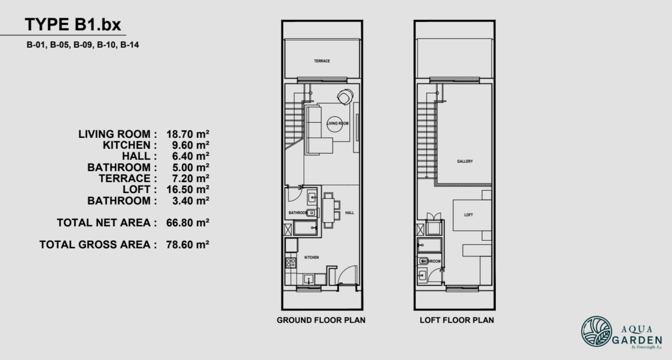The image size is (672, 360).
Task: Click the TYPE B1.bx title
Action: pyautogui.click(x=73, y=25)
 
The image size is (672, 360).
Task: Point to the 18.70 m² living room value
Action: pyautogui.click(x=188, y=134)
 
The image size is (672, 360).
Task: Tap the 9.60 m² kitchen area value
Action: pyautogui.click(x=188, y=145)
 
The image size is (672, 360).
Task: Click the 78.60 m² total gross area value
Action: pyautogui.click(x=188, y=244)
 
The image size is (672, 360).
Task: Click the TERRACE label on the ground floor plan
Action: pyautogui.click(x=321, y=61)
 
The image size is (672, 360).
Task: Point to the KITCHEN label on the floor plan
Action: pyautogui.click(x=311, y=258)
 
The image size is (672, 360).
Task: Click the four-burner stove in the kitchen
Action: pyautogui.click(x=291, y=263)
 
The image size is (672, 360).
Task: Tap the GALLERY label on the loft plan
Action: pyautogui.click(x=465, y=162)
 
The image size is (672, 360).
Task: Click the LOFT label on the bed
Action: pyautogui.click(x=469, y=215)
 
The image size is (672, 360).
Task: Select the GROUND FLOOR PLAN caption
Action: pyautogui.click(x=321, y=319)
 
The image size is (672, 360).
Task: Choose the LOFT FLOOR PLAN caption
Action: pyautogui.click(x=457, y=319)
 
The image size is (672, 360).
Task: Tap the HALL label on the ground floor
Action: pyautogui.click(x=349, y=213)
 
